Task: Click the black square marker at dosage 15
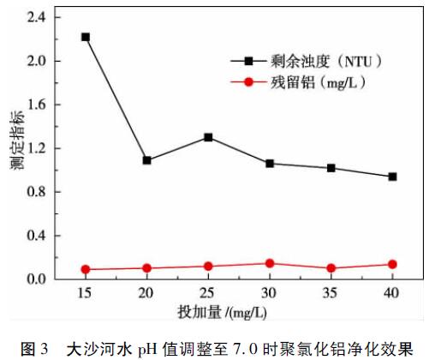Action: [86, 37]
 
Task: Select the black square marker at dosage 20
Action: [147, 160]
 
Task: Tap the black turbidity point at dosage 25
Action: [208, 137]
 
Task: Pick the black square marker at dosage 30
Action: [270, 163]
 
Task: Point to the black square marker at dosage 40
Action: [392, 177]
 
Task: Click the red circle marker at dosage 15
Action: [86, 269]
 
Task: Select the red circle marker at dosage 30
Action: [270, 263]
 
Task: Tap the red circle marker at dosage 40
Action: [392, 265]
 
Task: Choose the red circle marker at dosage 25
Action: [208, 266]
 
